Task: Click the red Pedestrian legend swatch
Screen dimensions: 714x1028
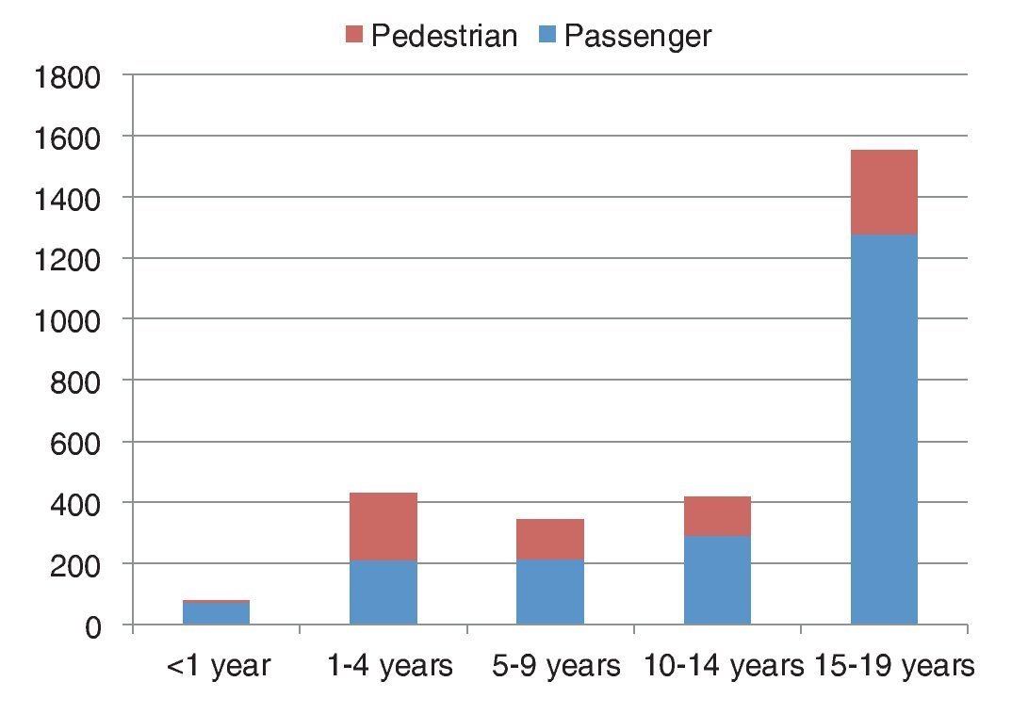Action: (355, 36)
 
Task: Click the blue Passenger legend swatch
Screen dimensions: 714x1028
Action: (547, 36)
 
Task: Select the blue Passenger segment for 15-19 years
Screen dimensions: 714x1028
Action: (884, 429)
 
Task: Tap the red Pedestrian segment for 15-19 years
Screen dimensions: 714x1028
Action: (884, 192)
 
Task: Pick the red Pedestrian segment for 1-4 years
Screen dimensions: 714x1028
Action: (383, 527)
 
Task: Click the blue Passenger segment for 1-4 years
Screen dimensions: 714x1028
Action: (383, 592)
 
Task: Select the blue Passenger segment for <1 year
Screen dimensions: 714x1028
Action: (216, 613)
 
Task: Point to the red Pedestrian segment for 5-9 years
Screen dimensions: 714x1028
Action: (550, 539)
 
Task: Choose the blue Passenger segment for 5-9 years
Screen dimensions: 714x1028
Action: (550, 592)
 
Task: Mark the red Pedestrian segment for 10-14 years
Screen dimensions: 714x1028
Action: (717, 516)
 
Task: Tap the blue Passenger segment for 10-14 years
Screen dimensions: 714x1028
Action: (717, 580)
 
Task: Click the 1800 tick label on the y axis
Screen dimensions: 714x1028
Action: (66, 76)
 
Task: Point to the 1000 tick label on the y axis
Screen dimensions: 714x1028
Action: (66, 320)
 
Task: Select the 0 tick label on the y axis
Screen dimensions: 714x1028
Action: (91, 626)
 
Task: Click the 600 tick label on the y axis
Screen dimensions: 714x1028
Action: (74, 443)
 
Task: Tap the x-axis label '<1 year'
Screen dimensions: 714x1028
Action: (218, 667)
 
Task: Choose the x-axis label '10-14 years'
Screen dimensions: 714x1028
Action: (718, 667)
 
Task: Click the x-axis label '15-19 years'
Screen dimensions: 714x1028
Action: (891, 667)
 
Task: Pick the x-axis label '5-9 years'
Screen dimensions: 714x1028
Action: (556, 667)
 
